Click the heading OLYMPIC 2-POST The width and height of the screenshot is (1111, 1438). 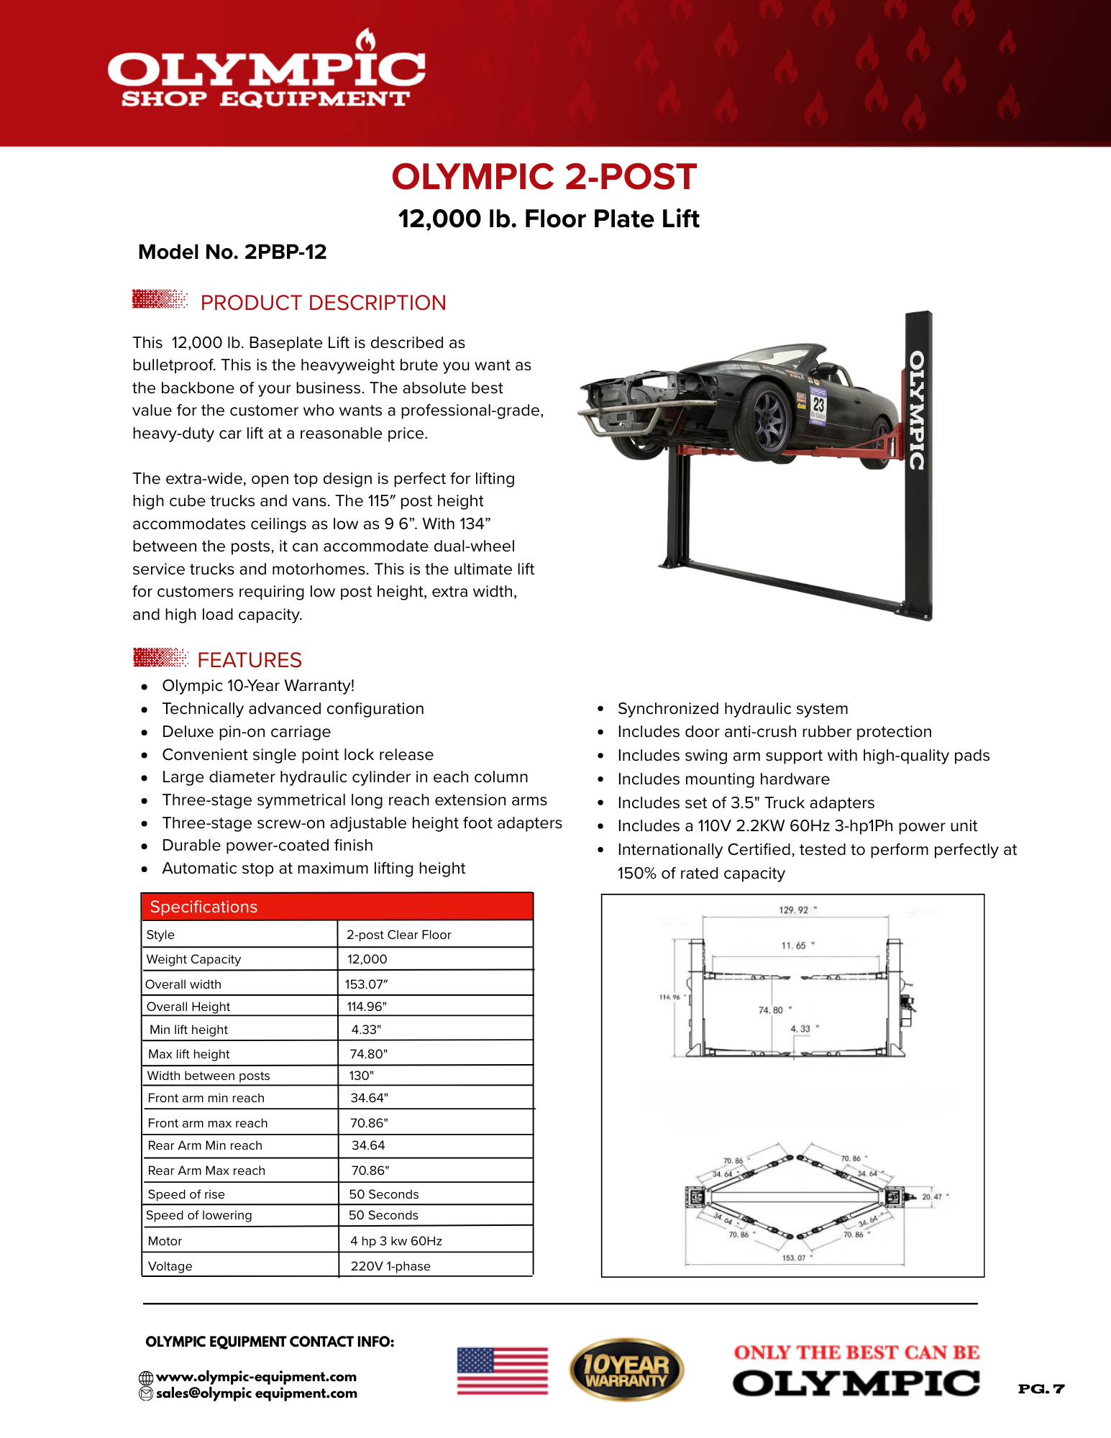544,177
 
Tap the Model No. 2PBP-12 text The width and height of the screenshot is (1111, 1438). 232,252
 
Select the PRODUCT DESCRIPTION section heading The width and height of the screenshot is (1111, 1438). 323,303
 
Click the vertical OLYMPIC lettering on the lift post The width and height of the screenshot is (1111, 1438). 917,410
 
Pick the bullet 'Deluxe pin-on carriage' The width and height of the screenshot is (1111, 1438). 246,732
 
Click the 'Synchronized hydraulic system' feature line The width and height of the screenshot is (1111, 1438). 732,709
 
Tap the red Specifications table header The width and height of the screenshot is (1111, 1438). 337,907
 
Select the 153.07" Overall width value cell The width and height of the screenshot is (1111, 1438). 366,984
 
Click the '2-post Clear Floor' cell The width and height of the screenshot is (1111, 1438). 399,935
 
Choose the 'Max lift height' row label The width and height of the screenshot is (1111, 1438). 189,1054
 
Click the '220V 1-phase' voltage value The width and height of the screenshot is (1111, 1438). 390,1266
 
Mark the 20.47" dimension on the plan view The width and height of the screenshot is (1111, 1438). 934,1197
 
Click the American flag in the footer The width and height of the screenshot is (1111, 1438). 503,1370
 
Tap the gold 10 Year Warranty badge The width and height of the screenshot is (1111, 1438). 626,1370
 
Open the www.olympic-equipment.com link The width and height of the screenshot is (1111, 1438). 256,1377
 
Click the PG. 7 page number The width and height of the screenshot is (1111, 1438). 1041,1388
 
